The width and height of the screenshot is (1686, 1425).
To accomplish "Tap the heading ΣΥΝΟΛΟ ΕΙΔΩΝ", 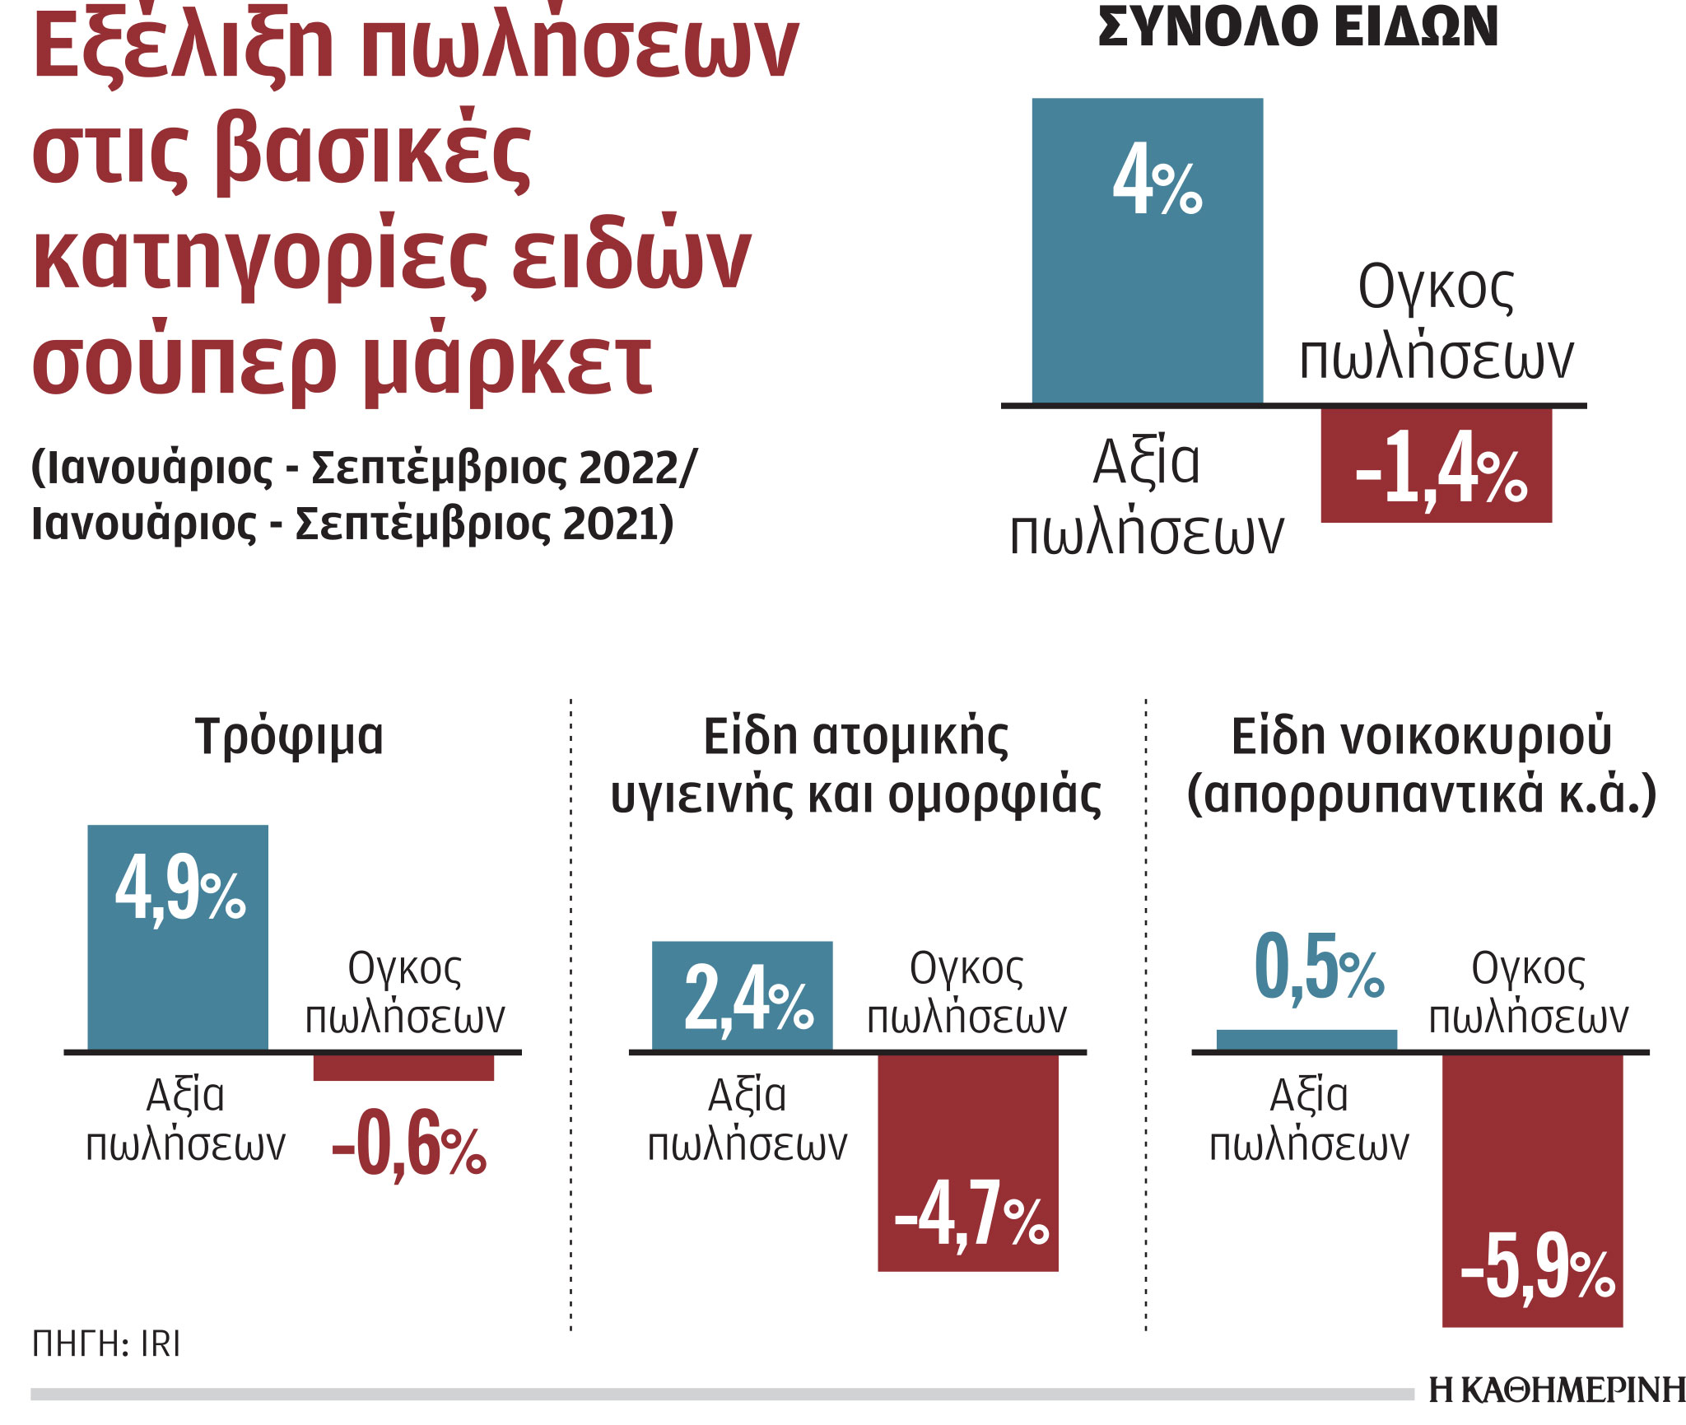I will coord(1297,28).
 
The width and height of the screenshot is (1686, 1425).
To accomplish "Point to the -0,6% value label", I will coord(409,1144).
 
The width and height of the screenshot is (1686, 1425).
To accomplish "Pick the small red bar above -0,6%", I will coord(403,1068).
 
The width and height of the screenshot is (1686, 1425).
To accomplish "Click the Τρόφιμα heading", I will coord(289,736).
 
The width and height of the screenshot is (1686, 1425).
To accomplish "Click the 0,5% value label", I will coord(1318,968).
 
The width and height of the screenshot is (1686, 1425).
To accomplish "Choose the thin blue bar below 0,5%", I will coord(1306,1040).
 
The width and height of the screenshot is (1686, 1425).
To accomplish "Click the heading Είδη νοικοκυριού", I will coord(1421,736).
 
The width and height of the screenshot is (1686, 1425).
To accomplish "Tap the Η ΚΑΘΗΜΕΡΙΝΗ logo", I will coord(1556,1390).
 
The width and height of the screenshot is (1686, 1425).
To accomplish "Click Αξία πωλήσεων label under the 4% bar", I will coord(1146,497).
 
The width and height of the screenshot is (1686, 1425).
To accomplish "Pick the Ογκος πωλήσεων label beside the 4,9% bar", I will coord(404,993).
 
